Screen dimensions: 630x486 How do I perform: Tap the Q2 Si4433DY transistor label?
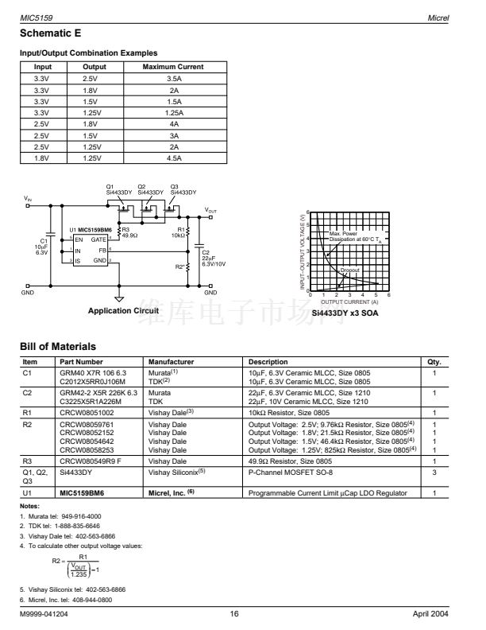[150, 189]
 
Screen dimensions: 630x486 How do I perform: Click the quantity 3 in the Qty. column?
[434, 471]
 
